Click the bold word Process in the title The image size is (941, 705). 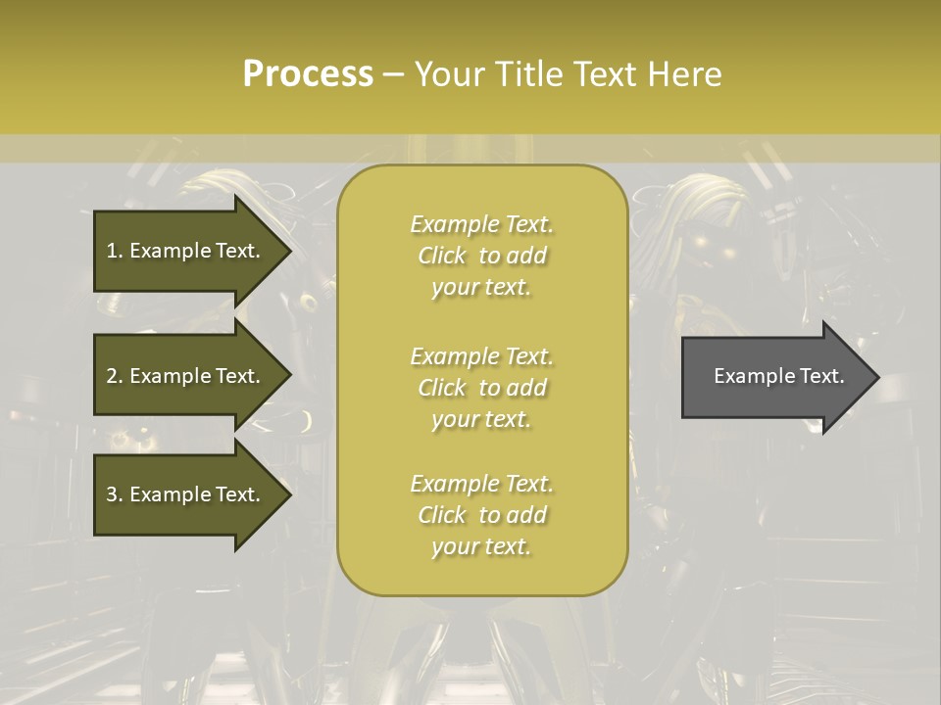(308, 74)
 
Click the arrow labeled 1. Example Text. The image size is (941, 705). (186, 251)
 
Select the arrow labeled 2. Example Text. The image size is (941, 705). (186, 376)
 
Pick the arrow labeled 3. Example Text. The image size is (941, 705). (186, 494)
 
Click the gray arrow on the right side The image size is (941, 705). (774, 377)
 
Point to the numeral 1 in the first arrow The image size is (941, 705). (112, 251)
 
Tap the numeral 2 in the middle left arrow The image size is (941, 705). (112, 376)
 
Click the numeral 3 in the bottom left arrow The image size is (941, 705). (112, 494)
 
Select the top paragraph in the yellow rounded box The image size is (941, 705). (481, 256)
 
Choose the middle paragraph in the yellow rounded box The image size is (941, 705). (481, 387)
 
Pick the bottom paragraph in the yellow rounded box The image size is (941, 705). (481, 515)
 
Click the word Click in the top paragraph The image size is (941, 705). (441, 257)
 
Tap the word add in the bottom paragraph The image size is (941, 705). (526, 515)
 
